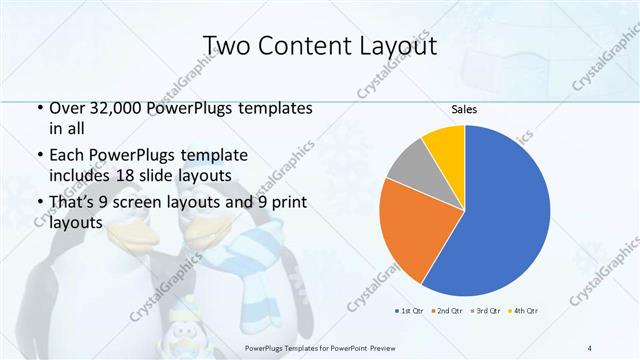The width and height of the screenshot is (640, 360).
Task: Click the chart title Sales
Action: (x=464, y=108)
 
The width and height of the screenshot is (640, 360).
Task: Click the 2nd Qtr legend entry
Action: (x=447, y=310)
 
